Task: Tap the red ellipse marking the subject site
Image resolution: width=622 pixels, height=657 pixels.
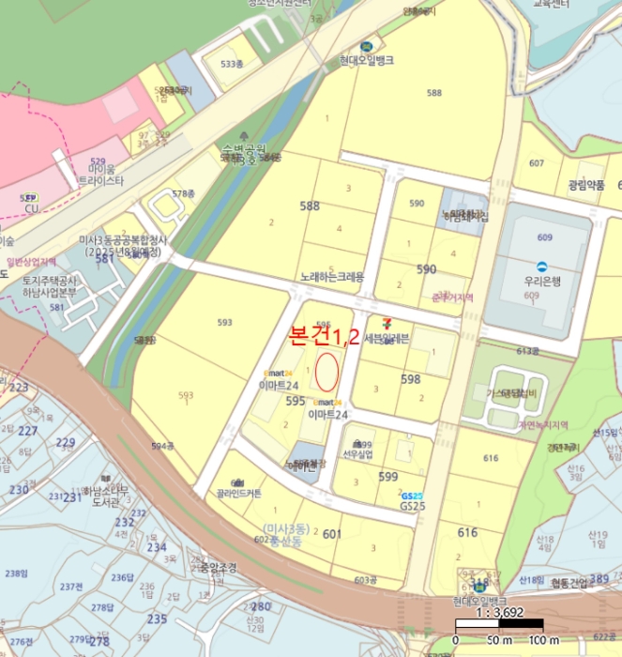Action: [x=326, y=373]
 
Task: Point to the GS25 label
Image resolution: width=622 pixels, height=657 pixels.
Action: [x=413, y=506]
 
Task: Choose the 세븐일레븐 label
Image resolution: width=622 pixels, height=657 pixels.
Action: [x=387, y=338]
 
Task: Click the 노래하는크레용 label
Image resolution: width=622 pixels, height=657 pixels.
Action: [x=331, y=278]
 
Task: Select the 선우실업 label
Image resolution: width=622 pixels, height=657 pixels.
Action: [x=357, y=455]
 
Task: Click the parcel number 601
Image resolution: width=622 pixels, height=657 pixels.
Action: [x=331, y=534]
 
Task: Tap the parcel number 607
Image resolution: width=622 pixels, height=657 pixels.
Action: [x=563, y=163]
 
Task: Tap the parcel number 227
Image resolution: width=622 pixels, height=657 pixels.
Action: [x=29, y=431]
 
